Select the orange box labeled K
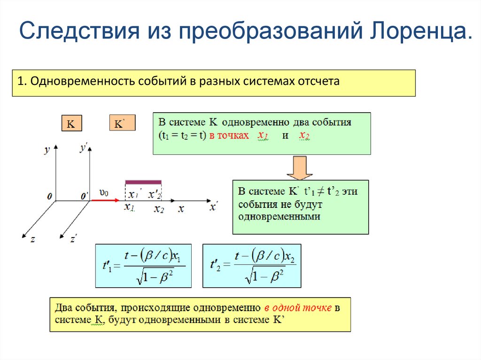click(x=71, y=124)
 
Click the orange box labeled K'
click(x=122, y=123)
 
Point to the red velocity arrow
click(x=104, y=200)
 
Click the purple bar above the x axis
click(x=143, y=182)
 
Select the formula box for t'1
click(x=143, y=266)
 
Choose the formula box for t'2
click(x=252, y=266)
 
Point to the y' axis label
click(x=85, y=149)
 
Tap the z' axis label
click(x=73, y=238)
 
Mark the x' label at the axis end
click(x=214, y=207)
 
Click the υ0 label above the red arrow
click(x=104, y=192)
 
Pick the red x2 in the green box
click(x=304, y=136)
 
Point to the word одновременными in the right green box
click(x=279, y=217)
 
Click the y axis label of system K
click(x=47, y=150)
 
